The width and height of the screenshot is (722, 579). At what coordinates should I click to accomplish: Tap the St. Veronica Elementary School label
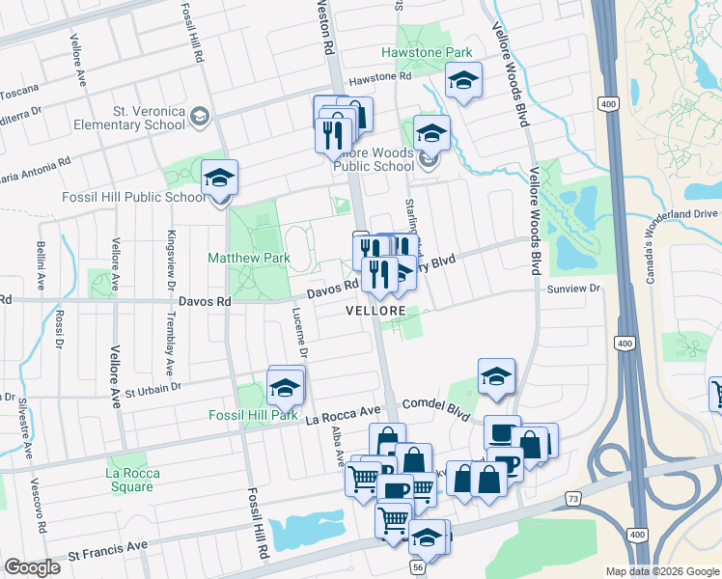[x=149, y=118]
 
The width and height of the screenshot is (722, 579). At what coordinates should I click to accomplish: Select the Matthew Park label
[x=249, y=258]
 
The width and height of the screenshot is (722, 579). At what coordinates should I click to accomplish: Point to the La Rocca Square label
[x=129, y=480]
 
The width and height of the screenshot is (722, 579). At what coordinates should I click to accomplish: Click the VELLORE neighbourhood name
[x=375, y=312]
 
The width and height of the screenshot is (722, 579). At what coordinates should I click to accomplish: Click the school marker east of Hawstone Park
[x=464, y=83]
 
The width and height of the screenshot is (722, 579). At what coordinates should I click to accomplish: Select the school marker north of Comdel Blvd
[x=496, y=377]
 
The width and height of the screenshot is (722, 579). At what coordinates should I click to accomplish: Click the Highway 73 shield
[x=573, y=498]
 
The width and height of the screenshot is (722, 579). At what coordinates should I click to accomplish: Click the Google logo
[x=32, y=567]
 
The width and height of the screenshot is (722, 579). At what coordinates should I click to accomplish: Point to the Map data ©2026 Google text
[x=662, y=571]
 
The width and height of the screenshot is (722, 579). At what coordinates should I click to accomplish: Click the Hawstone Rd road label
[x=380, y=76]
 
